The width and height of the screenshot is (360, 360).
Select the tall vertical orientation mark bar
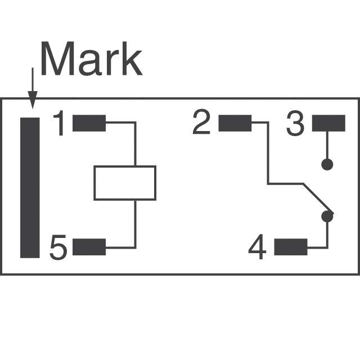30,187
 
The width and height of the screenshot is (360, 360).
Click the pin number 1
60,124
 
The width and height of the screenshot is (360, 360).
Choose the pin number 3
295,124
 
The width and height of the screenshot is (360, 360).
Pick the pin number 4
257,248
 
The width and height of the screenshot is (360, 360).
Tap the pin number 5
58,248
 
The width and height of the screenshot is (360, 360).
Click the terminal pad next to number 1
89,123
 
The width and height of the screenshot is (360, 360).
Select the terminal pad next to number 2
234,123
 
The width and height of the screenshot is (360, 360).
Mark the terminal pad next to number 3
328,123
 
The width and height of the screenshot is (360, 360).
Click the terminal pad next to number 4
291,247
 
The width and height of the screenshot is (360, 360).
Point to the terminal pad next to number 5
89,247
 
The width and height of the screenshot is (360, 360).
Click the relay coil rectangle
124,183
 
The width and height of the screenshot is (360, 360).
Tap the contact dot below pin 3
327,164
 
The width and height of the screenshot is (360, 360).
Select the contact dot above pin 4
327,216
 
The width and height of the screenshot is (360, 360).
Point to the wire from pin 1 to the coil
135,141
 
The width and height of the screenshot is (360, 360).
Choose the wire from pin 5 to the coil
135,225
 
